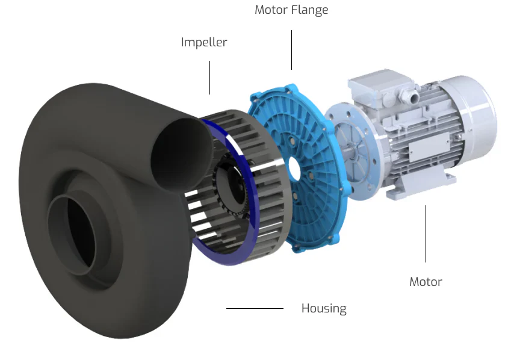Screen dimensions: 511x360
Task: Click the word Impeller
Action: pos(204,42)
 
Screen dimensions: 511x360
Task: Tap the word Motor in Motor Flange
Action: pos(271,10)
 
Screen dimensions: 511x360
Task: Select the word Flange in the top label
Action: pos(309,10)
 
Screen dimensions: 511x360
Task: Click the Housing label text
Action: pos(324,308)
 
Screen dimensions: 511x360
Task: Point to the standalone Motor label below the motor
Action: pos(426,282)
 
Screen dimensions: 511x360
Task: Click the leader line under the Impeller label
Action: pos(209,78)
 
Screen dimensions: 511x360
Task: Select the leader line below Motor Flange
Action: pos(291,50)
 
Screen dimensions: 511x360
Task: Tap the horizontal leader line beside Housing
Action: pos(255,308)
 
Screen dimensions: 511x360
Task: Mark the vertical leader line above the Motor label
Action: pos(426,234)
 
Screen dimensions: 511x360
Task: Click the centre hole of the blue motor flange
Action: pos(294,170)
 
